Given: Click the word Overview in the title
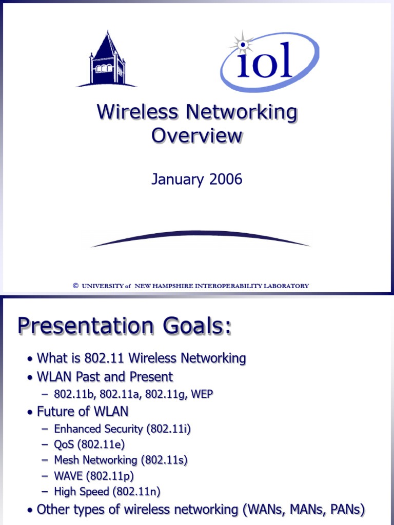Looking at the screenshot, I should [196, 136].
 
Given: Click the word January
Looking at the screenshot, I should [174, 179].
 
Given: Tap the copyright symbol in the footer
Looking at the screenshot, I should [75, 286].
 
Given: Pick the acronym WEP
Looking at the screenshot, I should [202, 394].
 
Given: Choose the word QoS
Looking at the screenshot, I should [64, 445].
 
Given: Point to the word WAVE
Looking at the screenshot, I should [68, 476].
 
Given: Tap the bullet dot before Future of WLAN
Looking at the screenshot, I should [32, 413].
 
